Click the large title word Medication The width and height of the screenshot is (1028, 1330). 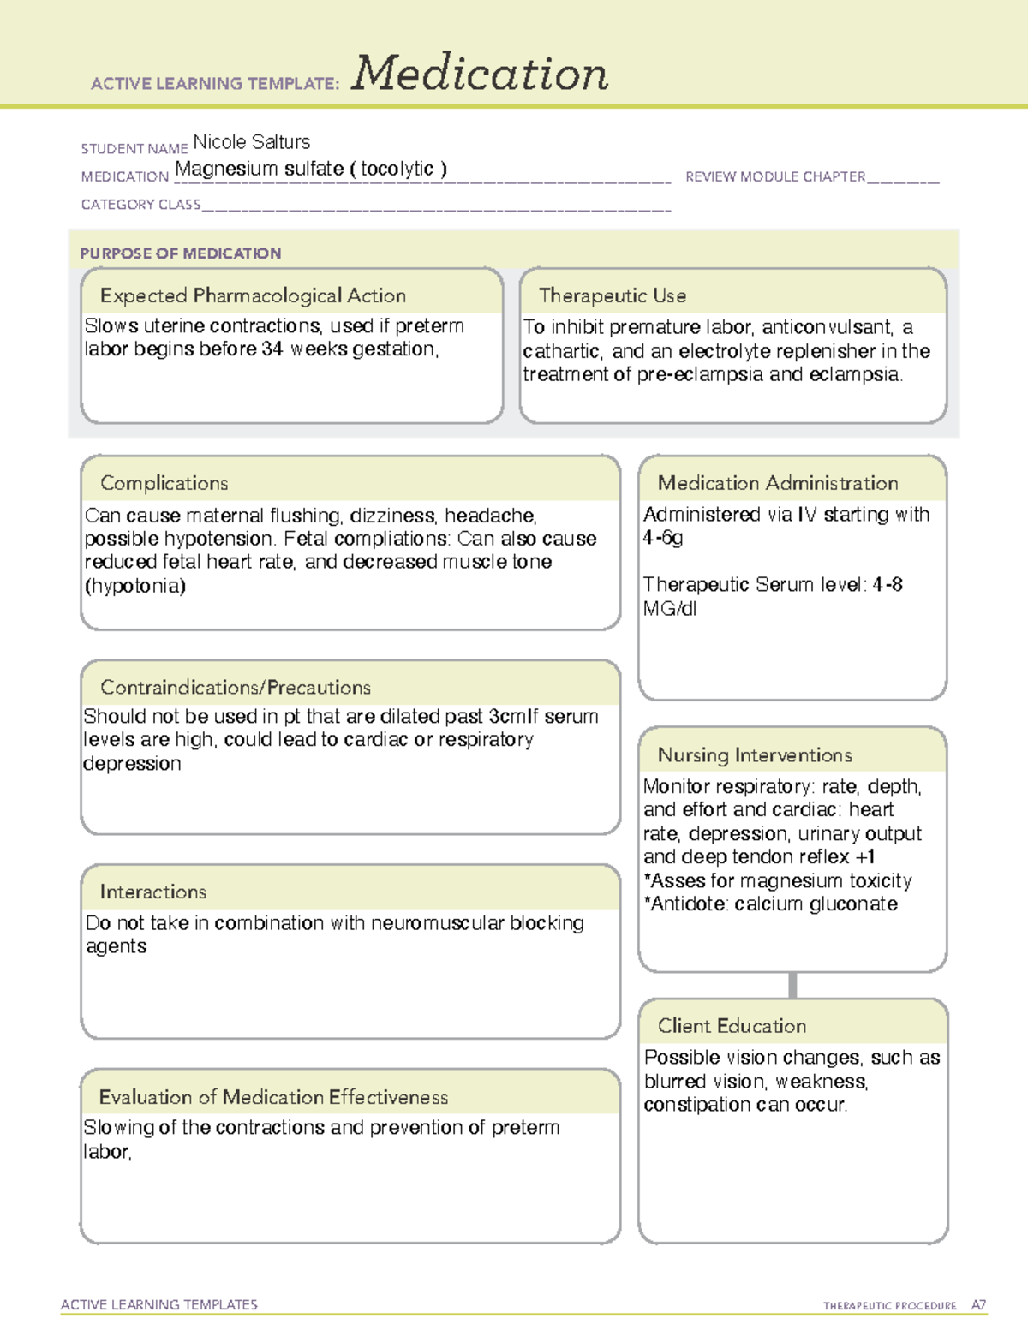click(x=480, y=74)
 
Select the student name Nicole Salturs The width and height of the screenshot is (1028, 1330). click(x=251, y=142)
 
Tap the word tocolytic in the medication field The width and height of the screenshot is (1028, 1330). click(x=397, y=169)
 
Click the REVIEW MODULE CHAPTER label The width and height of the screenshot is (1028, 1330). click(x=775, y=176)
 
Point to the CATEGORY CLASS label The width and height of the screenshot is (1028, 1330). click(x=140, y=205)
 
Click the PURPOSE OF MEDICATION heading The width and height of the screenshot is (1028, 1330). click(x=180, y=253)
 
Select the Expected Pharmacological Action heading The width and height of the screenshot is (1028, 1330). click(x=253, y=295)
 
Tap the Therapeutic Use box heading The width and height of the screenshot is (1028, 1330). click(x=612, y=295)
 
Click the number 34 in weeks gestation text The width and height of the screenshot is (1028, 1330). click(x=272, y=349)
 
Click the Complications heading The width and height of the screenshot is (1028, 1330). click(x=164, y=483)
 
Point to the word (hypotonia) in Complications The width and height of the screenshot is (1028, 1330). click(x=135, y=586)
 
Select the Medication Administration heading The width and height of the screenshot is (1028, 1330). click(x=777, y=483)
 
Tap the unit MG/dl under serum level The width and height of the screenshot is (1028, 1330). click(x=669, y=609)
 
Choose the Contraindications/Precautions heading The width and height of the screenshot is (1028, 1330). click(x=235, y=687)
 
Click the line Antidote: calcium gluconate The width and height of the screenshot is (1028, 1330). click(x=770, y=904)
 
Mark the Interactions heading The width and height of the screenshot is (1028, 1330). click(x=152, y=892)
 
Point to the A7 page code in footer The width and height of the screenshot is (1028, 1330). click(x=977, y=1305)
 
